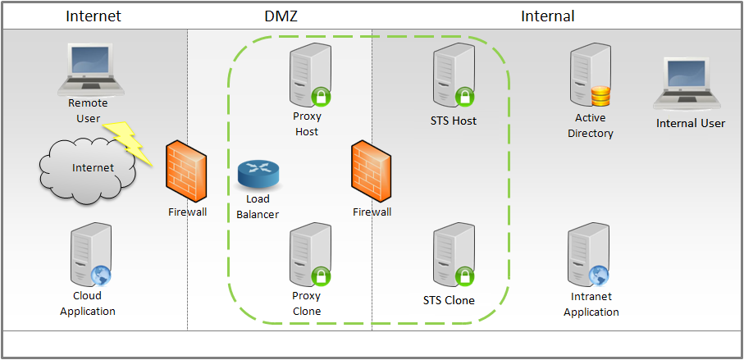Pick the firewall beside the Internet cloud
[186, 173]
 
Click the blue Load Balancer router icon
[257, 175]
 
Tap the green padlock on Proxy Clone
[322, 276]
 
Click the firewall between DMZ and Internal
[371, 173]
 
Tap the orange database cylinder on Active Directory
[601, 96]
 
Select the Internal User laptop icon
[691, 86]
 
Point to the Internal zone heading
[547, 16]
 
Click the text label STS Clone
[449, 300]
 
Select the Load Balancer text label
[258, 207]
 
